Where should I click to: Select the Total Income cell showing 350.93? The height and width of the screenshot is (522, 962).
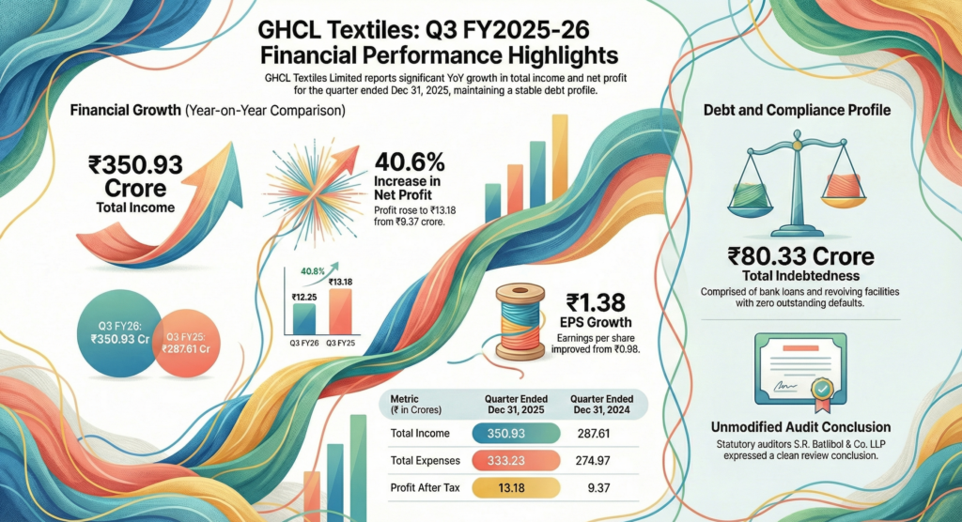pos(507,433)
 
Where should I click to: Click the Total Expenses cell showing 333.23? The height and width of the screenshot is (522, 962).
pos(507,460)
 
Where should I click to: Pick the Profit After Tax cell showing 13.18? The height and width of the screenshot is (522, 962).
pos(507,487)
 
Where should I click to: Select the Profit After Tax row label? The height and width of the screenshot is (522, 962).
pos(426,487)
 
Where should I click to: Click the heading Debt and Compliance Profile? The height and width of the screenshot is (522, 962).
pos(797,110)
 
